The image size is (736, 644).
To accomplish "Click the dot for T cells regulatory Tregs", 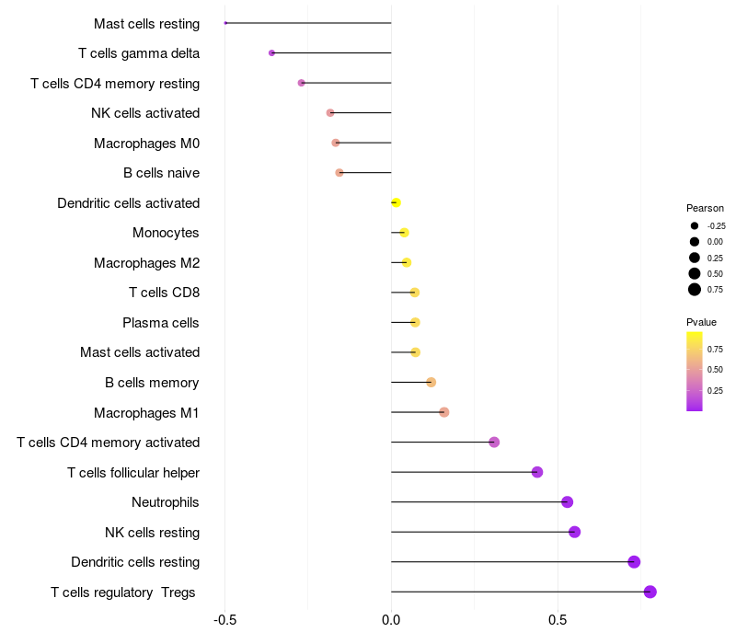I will (x=650, y=592).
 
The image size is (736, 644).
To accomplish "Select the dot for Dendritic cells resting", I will (x=634, y=562).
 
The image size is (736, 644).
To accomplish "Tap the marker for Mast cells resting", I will (x=225, y=23).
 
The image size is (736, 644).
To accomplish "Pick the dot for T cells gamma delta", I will (x=271, y=53).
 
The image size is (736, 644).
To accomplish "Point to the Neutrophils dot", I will (x=568, y=502).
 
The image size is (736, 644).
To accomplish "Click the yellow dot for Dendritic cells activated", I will (x=396, y=202).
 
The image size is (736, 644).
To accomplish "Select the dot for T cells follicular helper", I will (x=537, y=472).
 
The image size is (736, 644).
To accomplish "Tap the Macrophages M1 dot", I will (x=444, y=412).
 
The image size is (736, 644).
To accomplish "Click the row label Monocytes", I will (x=166, y=233).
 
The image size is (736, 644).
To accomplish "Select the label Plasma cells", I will (x=161, y=323).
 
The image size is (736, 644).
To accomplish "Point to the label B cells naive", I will (x=161, y=173).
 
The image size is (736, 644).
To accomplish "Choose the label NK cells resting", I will (x=152, y=533).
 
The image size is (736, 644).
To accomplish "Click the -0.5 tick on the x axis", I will (x=225, y=621).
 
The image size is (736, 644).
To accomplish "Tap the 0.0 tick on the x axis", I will (x=391, y=621).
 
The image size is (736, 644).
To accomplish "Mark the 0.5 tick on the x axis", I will (x=558, y=621).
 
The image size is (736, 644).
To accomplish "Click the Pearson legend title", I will (x=705, y=208).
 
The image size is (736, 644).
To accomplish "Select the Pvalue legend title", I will (x=701, y=322).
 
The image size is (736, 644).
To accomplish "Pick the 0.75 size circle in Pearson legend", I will (x=695, y=290).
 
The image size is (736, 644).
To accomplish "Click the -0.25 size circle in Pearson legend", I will (x=695, y=225).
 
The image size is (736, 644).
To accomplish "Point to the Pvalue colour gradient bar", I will (x=695, y=371).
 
